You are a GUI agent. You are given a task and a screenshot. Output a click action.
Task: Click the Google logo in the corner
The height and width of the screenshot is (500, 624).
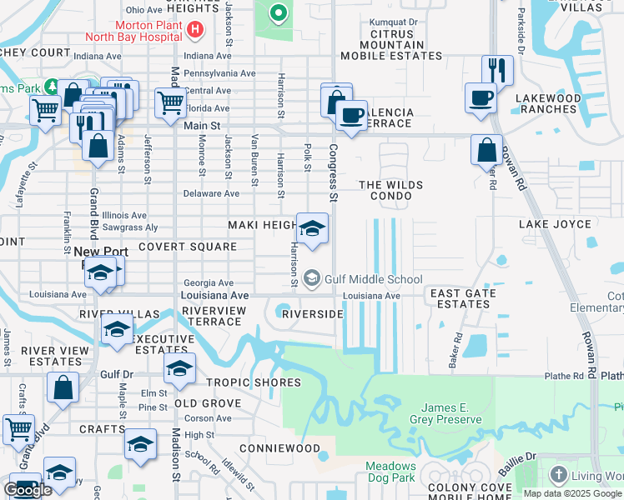(27, 490)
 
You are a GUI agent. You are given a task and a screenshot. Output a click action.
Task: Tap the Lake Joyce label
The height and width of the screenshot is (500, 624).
(555, 225)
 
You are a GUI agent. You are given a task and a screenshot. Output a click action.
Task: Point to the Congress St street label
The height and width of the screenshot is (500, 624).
(333, 173)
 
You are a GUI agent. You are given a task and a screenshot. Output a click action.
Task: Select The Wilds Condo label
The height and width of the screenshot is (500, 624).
(390, 191)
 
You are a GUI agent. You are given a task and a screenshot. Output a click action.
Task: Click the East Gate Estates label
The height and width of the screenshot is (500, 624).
(462, 298)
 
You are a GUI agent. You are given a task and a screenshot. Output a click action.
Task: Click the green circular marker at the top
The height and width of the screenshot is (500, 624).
(278, 12)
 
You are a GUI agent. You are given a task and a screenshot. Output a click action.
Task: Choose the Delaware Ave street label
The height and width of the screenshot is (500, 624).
(211, 193)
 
